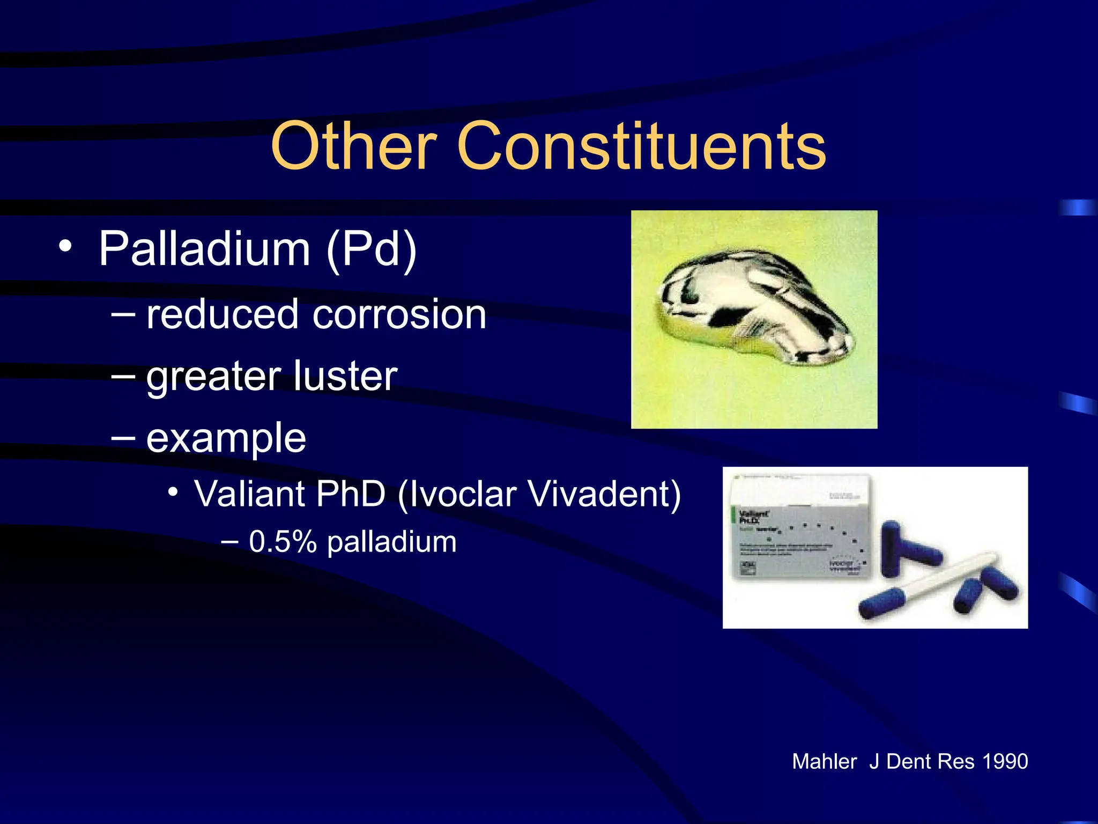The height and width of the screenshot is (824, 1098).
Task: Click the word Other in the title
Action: (353, 146)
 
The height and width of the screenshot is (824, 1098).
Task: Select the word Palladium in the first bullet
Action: (205, 249)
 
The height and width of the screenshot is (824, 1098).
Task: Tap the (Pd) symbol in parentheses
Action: (372, 250)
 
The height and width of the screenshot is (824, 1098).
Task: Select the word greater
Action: (213, 378)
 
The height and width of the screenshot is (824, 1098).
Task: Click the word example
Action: (226, 439)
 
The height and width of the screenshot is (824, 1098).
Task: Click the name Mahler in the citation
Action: (824, 762)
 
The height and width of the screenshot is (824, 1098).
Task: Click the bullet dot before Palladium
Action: (65, 247)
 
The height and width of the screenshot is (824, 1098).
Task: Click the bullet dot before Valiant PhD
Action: (173, 491)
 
